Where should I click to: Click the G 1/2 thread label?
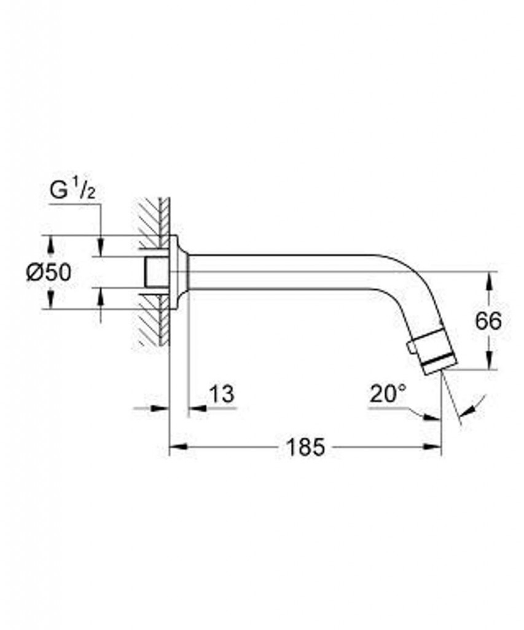(x=72, y=190)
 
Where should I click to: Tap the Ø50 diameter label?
(x=49, y=273)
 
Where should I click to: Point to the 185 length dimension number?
(x=305, y=447)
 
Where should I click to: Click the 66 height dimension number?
(x=488, y=321)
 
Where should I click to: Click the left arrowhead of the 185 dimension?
(x=179, y=447)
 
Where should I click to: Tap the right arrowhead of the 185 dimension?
(x=432, y=447)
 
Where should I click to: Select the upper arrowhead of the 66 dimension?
(x=489, y=281)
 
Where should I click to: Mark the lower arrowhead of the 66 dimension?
(x=489, y=360)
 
